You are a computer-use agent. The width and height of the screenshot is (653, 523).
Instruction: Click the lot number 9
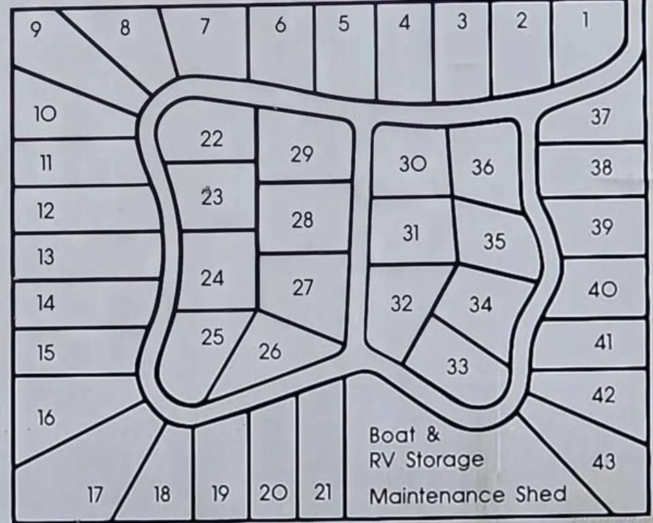click(35, 29)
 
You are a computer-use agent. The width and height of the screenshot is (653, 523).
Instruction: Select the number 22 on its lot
click(211, 139)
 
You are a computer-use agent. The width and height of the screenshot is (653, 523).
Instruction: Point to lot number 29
click(301, 155)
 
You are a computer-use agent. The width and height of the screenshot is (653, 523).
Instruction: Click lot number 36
click(483, 166)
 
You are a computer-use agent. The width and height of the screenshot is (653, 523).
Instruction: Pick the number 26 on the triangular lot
click(270, 351)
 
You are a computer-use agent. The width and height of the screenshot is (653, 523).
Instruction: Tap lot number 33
click(457, 366)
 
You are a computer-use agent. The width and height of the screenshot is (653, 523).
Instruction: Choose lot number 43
click(603, 462)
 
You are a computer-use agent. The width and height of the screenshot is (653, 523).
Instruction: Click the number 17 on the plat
click(95, 494)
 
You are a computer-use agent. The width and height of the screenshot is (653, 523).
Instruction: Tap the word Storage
click(444, 460)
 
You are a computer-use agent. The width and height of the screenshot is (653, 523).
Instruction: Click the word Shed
click(543, 494)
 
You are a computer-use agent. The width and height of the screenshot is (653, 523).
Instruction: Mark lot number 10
click(45, 114)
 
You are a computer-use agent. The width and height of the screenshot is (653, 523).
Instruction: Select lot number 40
click(602, 290)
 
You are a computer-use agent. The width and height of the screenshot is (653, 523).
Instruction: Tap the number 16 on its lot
click(46, 417)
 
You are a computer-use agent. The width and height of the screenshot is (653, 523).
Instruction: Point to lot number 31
click(410, 234)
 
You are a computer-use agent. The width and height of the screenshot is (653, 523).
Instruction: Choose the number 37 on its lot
click(600, 116)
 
